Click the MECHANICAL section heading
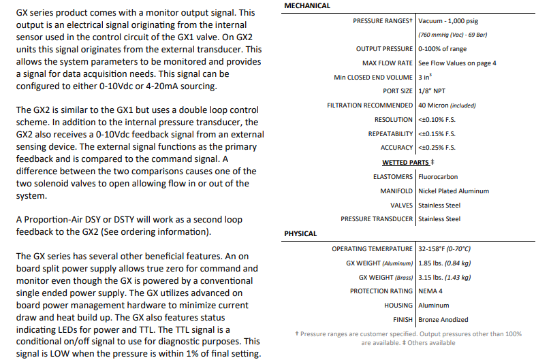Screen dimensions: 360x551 [x=307, y=5]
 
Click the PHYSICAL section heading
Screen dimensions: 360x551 [x=300, y=233]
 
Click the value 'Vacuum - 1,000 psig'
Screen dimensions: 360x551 [x=450, y=21]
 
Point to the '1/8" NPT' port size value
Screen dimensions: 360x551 [x=433, y=91]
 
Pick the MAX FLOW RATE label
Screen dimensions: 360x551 [x=384, y=63]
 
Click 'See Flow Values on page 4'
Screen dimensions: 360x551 [x=457, y=63]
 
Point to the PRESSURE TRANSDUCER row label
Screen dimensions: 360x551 [x=377, y=219]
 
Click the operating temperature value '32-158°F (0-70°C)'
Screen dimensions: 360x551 [x=454, y=249]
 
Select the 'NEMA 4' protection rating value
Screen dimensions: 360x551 [x=432, y=291]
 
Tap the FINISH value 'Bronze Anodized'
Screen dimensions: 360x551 [x=443, y=320]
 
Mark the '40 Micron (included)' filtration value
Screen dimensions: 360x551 [x=447, y=105]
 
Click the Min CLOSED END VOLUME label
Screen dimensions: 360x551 [x=373, y=78]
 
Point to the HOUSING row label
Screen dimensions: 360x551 [x=398, y=306]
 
